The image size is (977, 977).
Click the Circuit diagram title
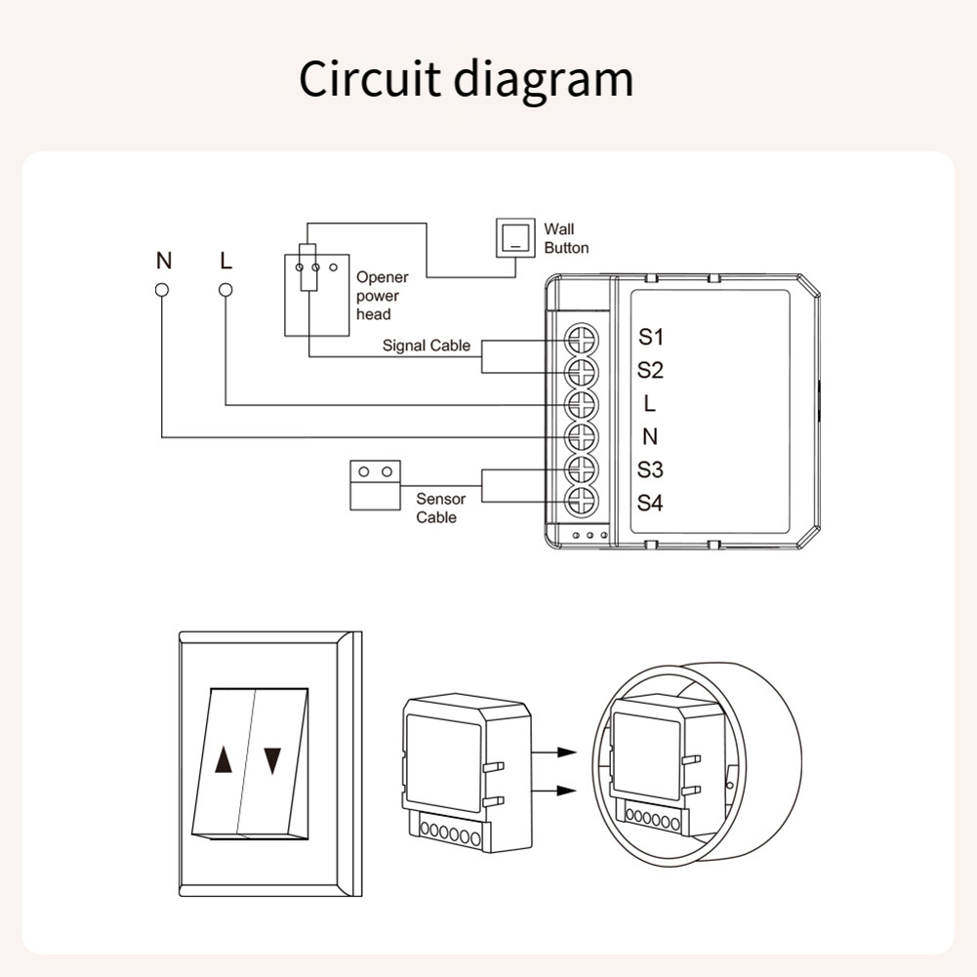(467, 80)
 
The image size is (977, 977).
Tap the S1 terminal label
(650, 337)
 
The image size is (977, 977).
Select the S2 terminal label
(650, 370)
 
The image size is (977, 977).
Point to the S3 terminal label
(650, 469)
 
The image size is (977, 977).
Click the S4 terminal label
(650, 503)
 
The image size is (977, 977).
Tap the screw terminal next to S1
(582, 341)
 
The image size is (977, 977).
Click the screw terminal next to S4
(582, 500)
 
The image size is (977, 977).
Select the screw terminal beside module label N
(582, 436)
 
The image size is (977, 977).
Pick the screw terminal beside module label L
(582, 404)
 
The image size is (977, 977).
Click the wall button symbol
(515, 237)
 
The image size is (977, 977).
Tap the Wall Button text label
(566, 239)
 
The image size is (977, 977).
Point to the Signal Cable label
(427, 346)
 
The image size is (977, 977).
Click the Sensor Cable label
(440, 508)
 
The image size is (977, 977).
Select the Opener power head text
(382, 296)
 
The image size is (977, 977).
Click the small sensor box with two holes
(375, 485)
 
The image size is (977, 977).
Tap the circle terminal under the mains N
(162, 290)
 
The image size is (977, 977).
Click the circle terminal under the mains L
(226, 290)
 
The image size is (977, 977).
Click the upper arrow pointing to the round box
(554, 753)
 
